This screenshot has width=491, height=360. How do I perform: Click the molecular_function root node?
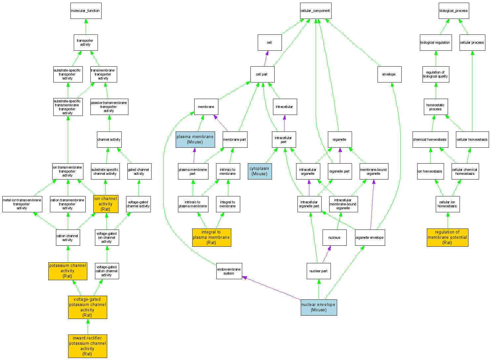point(86,11)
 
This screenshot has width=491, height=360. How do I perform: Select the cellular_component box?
point(315,11)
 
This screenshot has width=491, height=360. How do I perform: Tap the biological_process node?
point(453,11)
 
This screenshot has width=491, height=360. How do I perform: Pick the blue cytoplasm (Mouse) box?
point(260,171)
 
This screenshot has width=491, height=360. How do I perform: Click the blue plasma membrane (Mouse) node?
point(195,139)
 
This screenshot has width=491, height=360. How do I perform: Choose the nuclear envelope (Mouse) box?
point(319,307)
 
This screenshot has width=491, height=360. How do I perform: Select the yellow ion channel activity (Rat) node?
point(106,204)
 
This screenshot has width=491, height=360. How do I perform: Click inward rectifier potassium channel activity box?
point(87,346)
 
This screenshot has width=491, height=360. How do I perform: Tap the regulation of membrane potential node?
point(447,237)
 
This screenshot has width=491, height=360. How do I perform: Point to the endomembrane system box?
point(229,271)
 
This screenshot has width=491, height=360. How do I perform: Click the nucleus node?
point(334,237)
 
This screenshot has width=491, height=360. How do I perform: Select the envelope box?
point(389,74)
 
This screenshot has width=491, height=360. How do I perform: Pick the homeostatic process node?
point(435,107)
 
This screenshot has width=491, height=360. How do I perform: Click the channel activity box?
point(109,139)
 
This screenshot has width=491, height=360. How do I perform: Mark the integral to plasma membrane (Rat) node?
point(211,237)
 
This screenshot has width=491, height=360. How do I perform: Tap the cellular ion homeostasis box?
point(447,204)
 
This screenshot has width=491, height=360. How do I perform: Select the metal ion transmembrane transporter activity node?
point(22,204)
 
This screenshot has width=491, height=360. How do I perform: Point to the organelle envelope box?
point(370,237)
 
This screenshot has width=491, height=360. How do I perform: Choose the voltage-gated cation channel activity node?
point(107,271)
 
